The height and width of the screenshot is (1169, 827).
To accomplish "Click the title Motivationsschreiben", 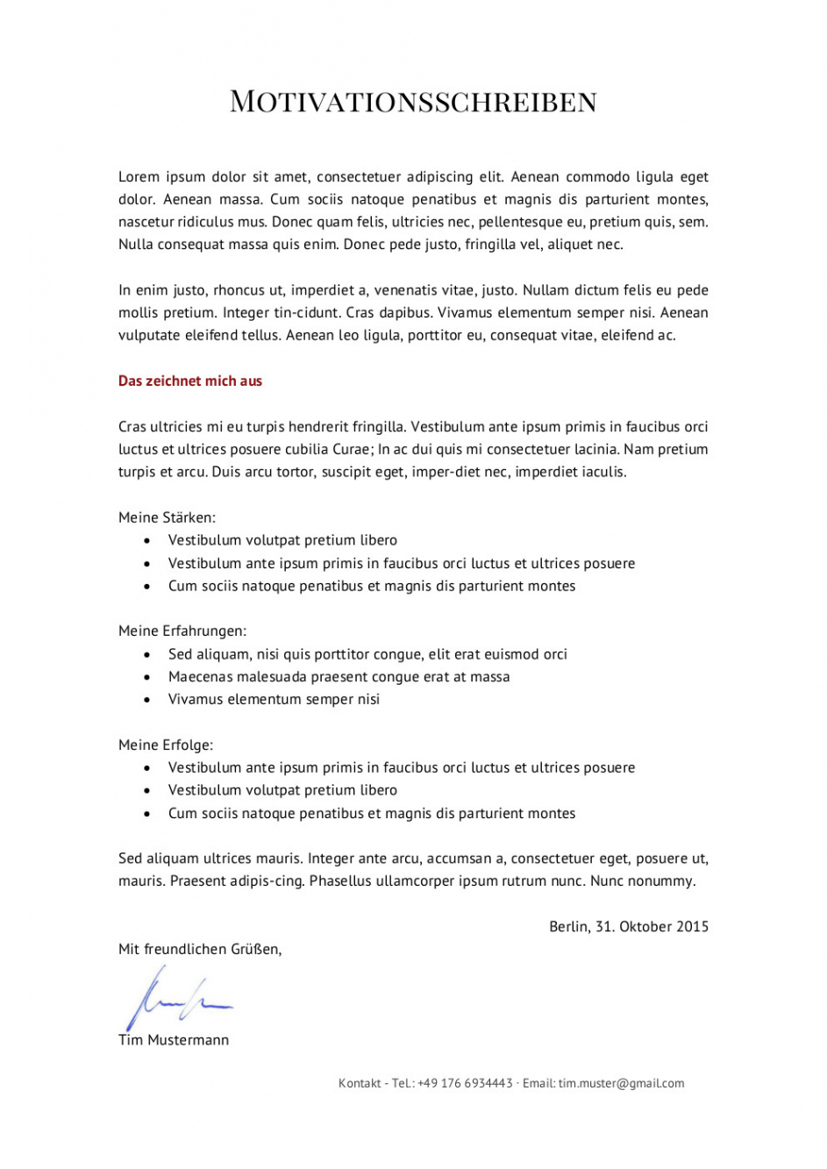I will (413, 102).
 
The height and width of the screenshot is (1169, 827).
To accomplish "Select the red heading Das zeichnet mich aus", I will (190, 381).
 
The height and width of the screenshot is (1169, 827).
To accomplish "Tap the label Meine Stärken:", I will (167, 517).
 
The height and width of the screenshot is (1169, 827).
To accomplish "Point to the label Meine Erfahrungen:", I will (182, 631).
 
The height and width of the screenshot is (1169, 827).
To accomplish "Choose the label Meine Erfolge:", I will (166, 745).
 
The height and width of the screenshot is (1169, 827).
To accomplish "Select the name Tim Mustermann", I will (174, 1040).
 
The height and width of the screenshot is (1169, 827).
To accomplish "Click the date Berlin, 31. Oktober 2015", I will (628, 926).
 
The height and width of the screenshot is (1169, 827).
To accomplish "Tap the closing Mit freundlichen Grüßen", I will (200, 949).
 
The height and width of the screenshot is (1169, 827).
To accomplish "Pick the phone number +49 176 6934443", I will (465, 1083).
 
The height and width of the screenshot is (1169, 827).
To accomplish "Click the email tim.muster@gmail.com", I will (621, 1083).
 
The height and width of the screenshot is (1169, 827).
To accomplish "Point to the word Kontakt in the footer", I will (360, 1083).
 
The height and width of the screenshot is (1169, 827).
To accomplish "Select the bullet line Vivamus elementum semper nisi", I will (274, 699).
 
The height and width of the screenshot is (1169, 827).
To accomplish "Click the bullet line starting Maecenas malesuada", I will (339, 677).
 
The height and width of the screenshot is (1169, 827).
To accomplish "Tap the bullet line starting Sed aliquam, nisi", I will (367, 654).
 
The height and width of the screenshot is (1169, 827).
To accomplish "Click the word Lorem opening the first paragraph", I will (139, 177).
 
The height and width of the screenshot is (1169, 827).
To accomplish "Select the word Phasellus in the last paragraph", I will (340, 881).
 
